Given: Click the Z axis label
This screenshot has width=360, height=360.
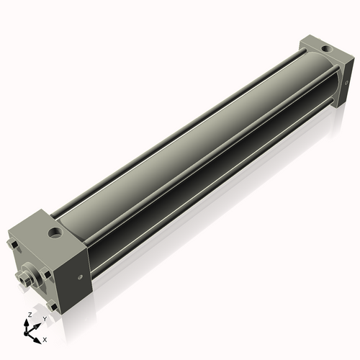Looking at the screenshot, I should (28, 315).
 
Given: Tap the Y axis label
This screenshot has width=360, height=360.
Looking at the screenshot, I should (45, 319).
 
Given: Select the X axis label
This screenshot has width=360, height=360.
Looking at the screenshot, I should (45, 338).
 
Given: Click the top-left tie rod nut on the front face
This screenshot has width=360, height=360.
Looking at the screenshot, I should (16, 248).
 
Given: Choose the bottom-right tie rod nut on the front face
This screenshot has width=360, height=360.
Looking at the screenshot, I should (48, 291).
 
